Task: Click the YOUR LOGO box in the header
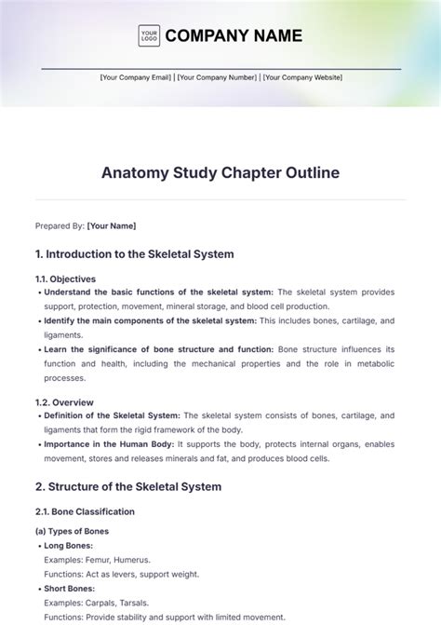click(148, 36)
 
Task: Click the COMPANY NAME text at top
click(234, 36)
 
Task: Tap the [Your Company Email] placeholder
click(136, 78)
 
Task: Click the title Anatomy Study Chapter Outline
click(220, 172)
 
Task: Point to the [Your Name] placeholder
click(111, 225)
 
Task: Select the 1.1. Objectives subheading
click(65, 279)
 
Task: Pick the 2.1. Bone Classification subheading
click(85, 511)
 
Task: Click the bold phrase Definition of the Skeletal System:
click(113, 415)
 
